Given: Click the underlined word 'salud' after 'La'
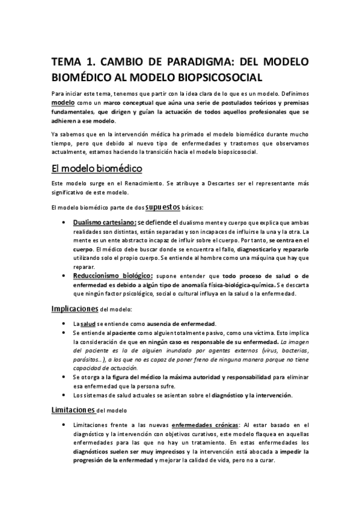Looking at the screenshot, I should pyautogui.click(x=89, y=324).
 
